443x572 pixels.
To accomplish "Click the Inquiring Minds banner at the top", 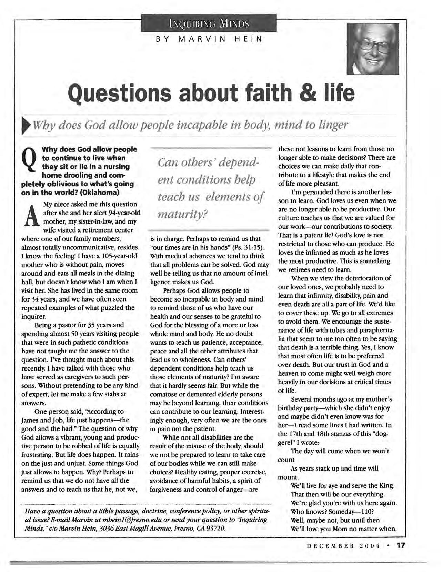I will click(209, 23).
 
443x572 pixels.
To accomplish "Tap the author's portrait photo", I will click(373, 49).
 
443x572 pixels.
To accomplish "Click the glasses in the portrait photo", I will click(373, 46).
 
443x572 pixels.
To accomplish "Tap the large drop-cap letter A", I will click(32, 217).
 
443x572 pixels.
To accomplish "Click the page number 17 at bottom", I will click(401, 545).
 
